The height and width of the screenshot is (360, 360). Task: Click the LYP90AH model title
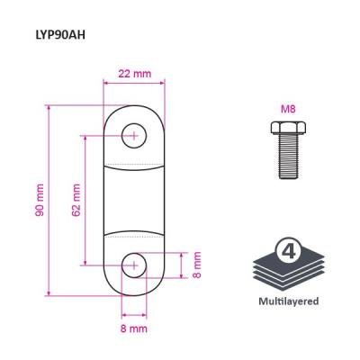[x=60, y=35]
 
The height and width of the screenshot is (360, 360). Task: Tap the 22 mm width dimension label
[x=134, y=74]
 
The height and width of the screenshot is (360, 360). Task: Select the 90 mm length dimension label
[x=40, y=200]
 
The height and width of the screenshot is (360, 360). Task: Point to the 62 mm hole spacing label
[x=76, y=200]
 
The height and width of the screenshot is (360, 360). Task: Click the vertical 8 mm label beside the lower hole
[x=197, y=265]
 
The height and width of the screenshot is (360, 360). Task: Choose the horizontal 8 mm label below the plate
[x=134, y=328]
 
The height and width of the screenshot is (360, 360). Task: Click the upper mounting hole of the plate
[x=134, y=136]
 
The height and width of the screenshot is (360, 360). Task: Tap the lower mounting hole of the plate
[x=134, y=265]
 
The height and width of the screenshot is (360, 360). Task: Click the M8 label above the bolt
[x=288, y=109]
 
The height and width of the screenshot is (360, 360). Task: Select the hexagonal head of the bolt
[x=288, y=128]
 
